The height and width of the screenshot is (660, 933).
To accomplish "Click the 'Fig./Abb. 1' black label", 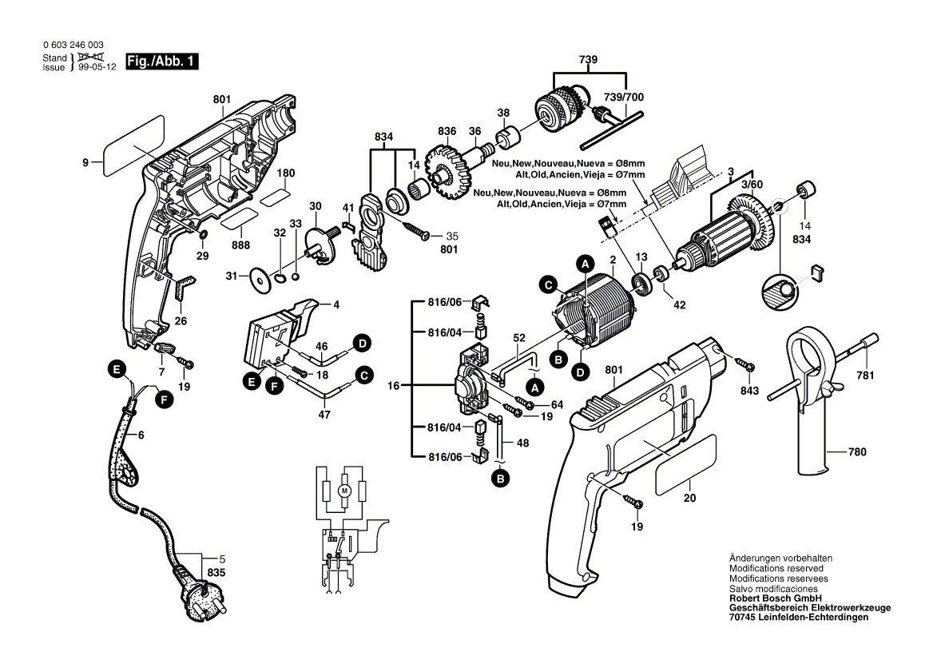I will [x=162, y=62].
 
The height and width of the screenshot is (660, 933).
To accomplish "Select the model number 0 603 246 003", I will [x=73, y=46].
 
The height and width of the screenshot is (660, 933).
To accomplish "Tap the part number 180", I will [x=286, y=173].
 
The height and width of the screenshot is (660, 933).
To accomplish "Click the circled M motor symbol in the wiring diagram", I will [x=345, y=490].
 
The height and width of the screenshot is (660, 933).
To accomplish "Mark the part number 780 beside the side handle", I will [x=857, y=452].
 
